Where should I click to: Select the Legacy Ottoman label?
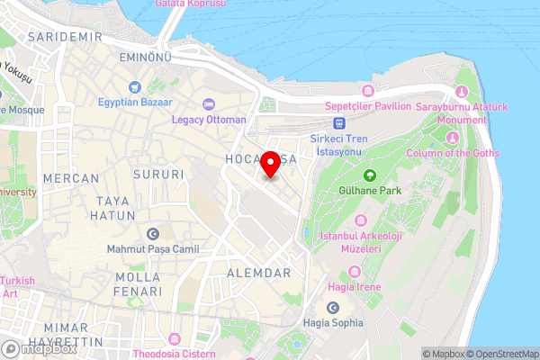(x=210, y=120)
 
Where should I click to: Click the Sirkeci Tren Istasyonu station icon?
(x=338, y=124)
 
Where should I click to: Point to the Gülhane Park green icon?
(x=369, y=175)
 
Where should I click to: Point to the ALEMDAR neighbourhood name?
(x=259, y=273)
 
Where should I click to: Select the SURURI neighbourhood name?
(x=158, y=174)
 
